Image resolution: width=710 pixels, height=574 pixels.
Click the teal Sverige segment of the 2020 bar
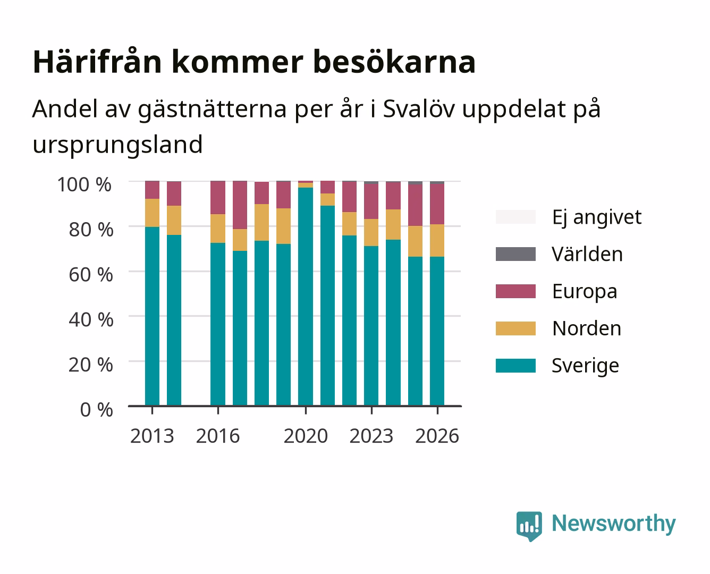[306, 297]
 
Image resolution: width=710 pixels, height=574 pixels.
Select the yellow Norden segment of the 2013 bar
[153, 213]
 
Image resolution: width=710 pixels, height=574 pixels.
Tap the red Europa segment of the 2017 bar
[240, 205]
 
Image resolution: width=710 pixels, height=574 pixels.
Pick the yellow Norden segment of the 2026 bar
[437, 240]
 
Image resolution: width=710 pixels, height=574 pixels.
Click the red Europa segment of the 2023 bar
[371, 201]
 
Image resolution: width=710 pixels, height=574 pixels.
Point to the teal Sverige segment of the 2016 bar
[218, 324]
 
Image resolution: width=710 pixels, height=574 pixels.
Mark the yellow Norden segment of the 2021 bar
[327, 199]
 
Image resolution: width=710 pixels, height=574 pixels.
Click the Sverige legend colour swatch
[515, 365]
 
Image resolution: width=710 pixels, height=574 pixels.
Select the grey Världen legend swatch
[515, 254]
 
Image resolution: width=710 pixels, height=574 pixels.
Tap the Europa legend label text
[585, 292]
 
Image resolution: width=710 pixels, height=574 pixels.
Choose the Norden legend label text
[587, 328]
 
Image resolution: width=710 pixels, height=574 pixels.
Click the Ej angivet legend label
[597, 217]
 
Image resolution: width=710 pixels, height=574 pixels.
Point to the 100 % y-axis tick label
[84, 184]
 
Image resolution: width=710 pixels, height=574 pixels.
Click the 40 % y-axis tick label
[91, 319]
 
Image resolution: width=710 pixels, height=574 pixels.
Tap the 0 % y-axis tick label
[96, 410]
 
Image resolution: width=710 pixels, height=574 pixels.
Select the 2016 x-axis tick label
[218, 436]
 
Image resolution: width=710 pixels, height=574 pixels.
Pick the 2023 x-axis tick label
[371, 436]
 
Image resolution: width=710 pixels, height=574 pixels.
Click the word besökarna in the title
[394, 62]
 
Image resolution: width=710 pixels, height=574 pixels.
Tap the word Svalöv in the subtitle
[419, 108]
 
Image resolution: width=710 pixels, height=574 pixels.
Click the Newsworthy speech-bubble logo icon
[529, 526]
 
